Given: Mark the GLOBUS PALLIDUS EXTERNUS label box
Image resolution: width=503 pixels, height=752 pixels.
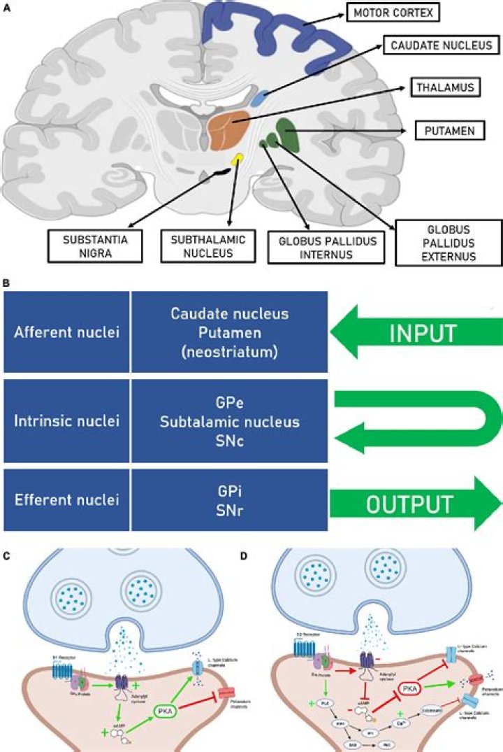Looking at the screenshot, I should (447, 242).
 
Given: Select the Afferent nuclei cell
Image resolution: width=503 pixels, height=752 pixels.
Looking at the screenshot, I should (67, 332).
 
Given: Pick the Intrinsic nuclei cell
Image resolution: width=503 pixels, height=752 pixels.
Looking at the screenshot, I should (67, 422).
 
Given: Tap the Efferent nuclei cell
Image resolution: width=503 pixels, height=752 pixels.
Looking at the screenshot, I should (67, 501).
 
